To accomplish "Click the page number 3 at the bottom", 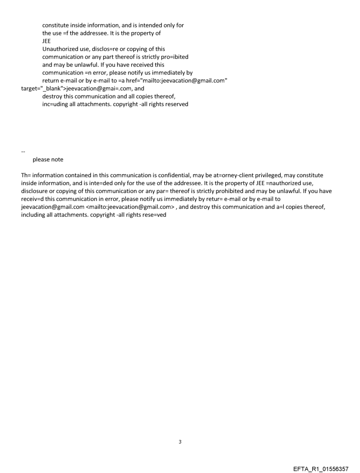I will (180, 441).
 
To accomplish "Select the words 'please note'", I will (48, 160).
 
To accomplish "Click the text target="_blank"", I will (43, 89).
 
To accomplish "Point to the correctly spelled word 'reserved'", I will (176, 104).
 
